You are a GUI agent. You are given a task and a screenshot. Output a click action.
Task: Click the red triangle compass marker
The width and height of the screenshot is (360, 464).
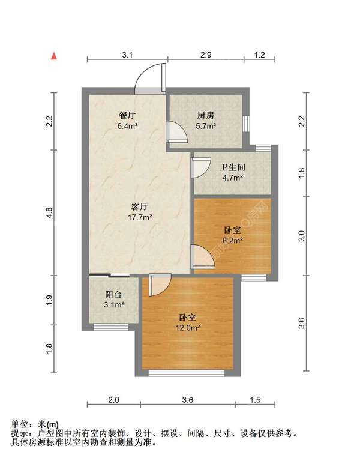[54, 56]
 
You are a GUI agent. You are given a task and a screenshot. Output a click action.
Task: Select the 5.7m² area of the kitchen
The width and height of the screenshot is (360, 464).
[206, 127]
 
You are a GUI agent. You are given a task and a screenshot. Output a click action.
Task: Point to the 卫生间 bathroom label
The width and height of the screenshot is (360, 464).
[232, 168]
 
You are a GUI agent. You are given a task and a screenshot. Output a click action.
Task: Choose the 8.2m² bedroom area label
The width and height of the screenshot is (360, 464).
[232, 240]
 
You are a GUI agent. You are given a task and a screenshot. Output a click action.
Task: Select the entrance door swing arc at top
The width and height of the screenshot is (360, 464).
[149, 78]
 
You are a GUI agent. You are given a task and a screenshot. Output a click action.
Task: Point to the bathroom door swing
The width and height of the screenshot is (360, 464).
[200, 168]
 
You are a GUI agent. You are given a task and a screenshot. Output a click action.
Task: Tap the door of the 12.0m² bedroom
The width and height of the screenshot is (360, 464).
[160, 286]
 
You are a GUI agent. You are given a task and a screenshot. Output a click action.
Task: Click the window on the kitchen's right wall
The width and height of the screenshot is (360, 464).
[245, 122]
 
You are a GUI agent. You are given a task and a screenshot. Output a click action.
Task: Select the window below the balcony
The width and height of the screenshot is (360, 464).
[111, 327]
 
